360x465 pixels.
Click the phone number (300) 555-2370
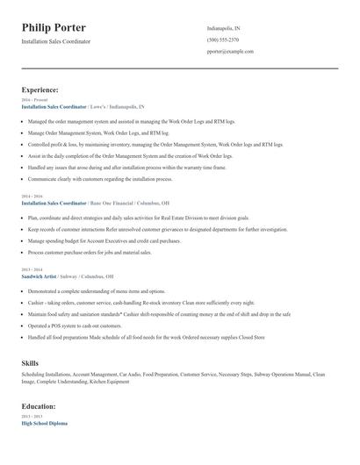tap(223, 40)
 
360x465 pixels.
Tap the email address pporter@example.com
tap(230, 52)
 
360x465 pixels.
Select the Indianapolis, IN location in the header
tap(224, 29)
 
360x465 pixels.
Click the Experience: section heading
tap(40, 89)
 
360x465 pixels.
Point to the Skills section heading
tap(30, 362)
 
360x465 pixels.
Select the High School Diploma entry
tap(44, 424)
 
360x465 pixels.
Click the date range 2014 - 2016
tap(32, 197)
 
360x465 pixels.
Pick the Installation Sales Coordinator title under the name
tap(55, 41)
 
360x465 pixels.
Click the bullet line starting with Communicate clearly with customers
tap(100, 178)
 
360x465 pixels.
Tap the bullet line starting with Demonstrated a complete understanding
tap(97, 290)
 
